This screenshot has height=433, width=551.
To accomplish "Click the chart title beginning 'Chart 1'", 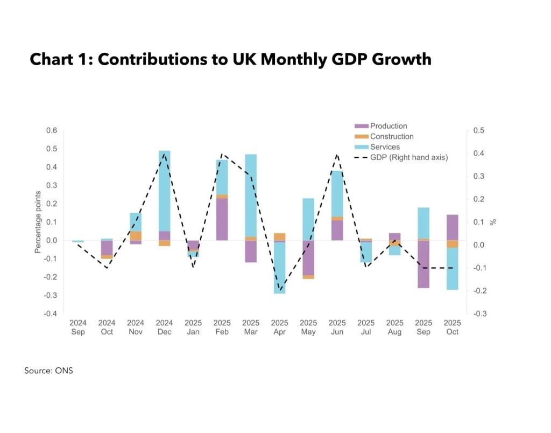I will click(230, 59).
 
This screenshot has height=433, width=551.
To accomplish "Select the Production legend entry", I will click(388, 126).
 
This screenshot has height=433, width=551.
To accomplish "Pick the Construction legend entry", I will click(391, 136).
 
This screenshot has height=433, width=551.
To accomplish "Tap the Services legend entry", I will click(385, 146).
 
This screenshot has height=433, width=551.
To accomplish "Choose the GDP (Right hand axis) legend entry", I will click(408, 157).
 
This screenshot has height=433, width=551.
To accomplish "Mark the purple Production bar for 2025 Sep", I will click(423, 264).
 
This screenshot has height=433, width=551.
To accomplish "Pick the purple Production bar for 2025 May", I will click(308, 257).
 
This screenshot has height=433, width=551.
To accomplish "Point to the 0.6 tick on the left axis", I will click(51, 130).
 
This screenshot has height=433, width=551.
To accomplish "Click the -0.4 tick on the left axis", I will click(50, 313).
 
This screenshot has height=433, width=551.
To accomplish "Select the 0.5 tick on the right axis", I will click(478, 130).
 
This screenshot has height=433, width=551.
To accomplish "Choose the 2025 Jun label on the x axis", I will click(337, 327).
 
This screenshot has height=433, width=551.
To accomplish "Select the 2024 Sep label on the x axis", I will click(78, 327).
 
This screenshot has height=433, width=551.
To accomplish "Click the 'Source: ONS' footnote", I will click(48, 371).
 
